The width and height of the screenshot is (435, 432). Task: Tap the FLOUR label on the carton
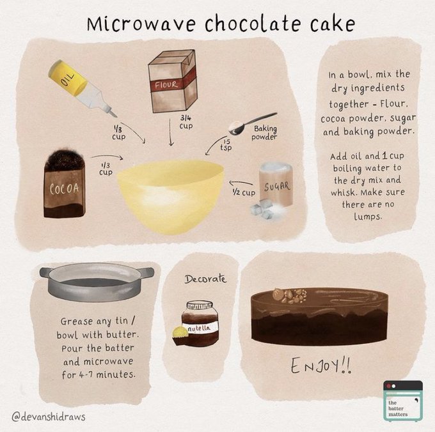[x=166, y=84]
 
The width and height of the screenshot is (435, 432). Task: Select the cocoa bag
[x=65, y=183]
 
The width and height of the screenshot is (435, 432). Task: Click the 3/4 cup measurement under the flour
[x=186, y=122]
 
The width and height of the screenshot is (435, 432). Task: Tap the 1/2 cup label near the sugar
[x=244, y=192]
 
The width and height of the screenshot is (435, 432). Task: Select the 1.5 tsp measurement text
[x=226, y=145]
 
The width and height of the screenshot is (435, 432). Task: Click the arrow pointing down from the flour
[x=171, y=132]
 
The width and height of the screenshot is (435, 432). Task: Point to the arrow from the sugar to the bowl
[x=241, y=183]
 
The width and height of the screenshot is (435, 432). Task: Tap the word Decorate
[x=205, y=279]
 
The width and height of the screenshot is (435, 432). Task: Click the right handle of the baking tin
[x=146, y=273]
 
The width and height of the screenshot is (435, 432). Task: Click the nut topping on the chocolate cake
[x=289, y=295]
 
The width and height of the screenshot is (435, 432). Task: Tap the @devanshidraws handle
[x=49, y=417]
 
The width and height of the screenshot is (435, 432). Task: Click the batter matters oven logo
[x=403, y=401]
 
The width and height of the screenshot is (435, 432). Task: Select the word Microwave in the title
[x=141, y=24]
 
